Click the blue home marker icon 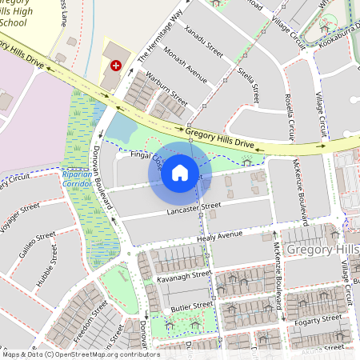coord(180,171)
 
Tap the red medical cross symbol coord(117,65)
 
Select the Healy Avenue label coord(219,235)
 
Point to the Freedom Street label coord(89,319)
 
